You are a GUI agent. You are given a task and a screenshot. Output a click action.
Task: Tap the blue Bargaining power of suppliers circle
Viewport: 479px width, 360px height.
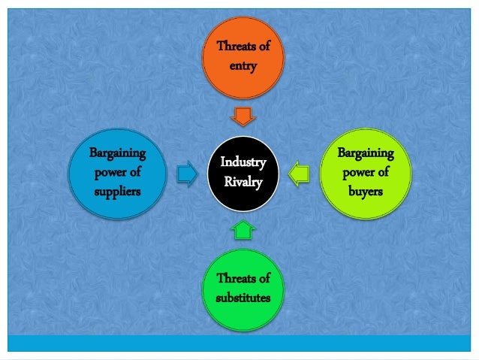click(x=116, y=172)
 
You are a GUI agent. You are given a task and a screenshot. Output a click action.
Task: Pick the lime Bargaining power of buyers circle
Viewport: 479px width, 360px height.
click(x=366, y=172)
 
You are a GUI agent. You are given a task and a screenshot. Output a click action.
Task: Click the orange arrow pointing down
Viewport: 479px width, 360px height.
click(x=243, y=116)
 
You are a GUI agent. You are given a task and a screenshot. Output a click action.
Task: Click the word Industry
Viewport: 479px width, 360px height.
click(x=243, y=162)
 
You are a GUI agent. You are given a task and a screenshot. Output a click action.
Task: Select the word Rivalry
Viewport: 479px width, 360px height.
click(x=243, y=182)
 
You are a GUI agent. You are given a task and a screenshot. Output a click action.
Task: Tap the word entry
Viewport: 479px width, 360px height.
click(x=243, y=66)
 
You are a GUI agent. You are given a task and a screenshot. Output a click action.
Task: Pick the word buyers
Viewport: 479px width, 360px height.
click(x=366, y=191)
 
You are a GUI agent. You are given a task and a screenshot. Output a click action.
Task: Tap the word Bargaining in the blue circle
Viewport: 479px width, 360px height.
click(x=117, y=153)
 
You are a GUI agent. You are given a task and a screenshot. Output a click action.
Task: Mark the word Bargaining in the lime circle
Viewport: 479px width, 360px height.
click(x=366, y=153)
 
